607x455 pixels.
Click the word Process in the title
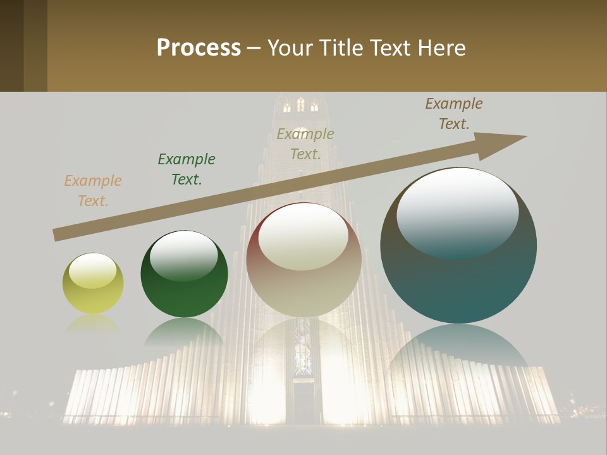[199, 48]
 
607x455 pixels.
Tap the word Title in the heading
[342, 48]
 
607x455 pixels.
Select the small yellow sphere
[93, 283]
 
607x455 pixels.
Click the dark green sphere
[184, 274]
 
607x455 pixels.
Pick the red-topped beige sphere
[303, 260]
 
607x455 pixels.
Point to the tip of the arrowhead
[526, 136]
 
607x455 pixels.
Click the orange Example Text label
[93, 191]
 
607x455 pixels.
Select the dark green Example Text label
[187, 169]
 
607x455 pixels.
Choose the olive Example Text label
[305, 144]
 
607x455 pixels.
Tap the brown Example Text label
[454, 114]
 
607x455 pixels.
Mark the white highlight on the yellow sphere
[92, 270]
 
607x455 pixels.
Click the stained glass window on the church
[303, 348]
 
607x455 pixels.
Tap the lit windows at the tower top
[300, 106]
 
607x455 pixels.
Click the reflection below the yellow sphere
[93, 324]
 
